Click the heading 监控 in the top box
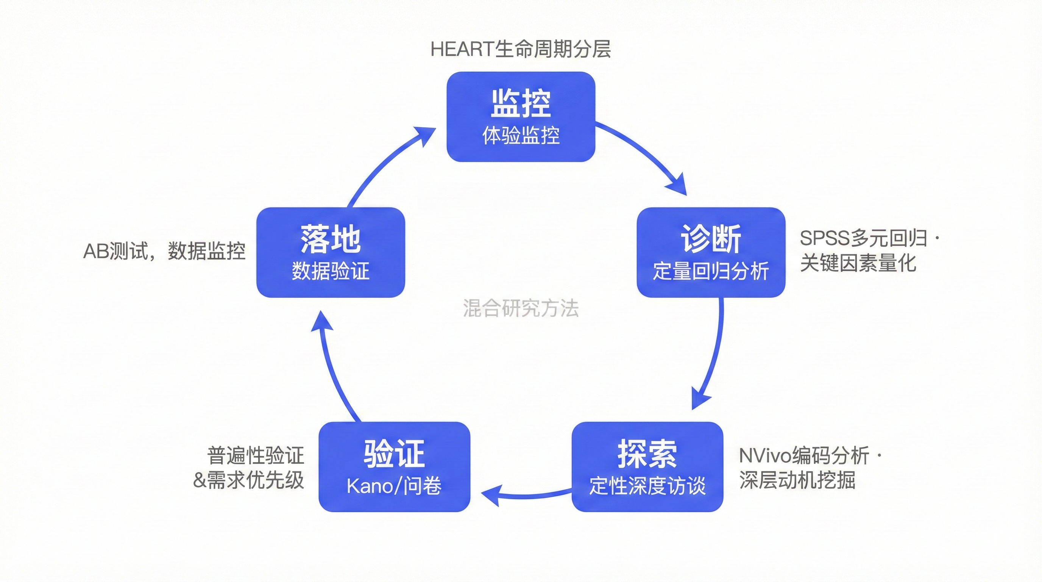[x=521, y=103]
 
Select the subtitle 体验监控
[x=521, y=136]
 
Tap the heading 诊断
[x=711, y=239]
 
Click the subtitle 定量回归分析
[x=711, y=271]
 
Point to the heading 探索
[x=647, y=454]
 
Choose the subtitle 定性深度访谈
[x=647, y=486]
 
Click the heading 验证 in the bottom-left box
[x=394, y=454]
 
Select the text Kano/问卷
[x=394, y=486]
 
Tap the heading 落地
[x=331, y=239]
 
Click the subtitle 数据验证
[x=331, y=271]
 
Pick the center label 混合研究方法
[x=521, y=308]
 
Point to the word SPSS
[x=825, y=238]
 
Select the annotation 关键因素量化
[x=858, y=263]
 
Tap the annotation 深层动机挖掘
[x=797, y=480]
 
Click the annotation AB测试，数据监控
[x=164, y=251]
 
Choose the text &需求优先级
[x=248, y=480]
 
